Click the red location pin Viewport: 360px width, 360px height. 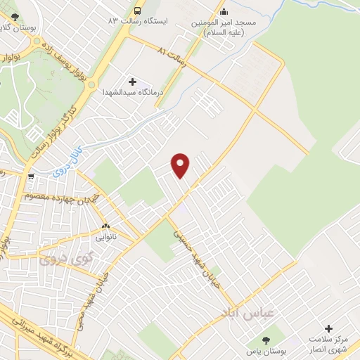[x=181, y=165]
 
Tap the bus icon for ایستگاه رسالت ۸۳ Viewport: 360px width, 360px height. [x=137, y=11]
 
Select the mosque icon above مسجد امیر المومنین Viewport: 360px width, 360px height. [x=224, y=11]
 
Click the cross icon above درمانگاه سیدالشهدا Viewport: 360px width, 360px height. [x=133, y=82]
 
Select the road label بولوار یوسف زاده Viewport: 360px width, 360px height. [x=67, y=61]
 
